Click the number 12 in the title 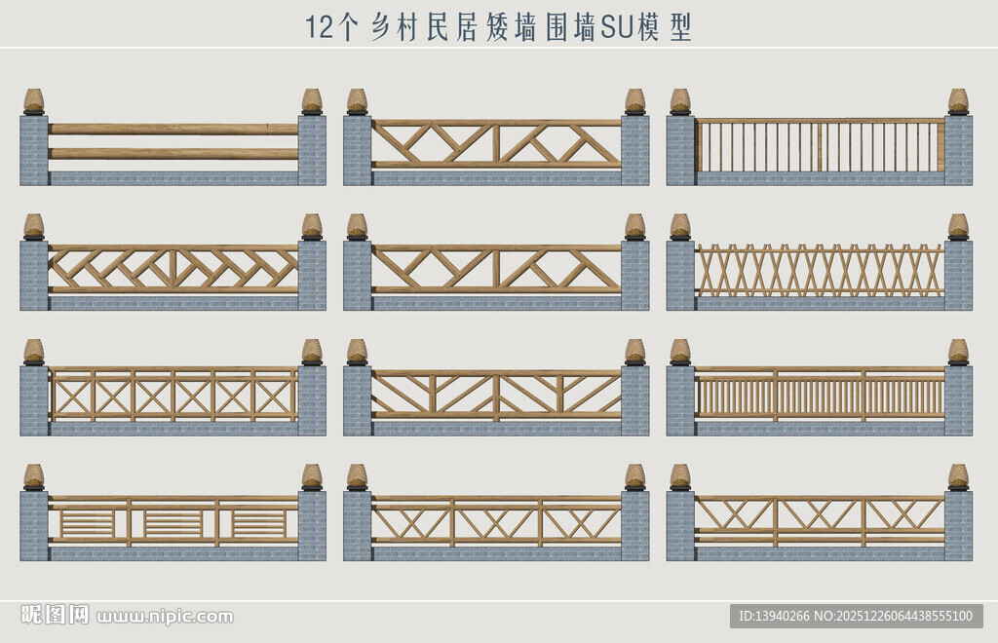click(x=320, y=27)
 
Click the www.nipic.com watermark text click(x=165, y=617)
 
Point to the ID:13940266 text click(x=774, y=616)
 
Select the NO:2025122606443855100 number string click(x=893, y=616)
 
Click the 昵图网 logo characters click(x=55, y=615)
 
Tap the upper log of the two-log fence click(x=173, y=130)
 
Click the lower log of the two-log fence click(x=173, y=154)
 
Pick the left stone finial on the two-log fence click(x=34, y=101)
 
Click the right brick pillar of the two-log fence click(x=312, y=150)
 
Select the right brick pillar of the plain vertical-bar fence click(x=958, y=150)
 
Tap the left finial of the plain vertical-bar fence click(x=680, y=101)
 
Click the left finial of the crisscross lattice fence click(x=680, y=227)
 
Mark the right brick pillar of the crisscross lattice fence click(x=958, y=276)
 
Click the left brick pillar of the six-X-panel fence click(x=34, y=400)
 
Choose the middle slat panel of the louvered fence click(x=173, y=523)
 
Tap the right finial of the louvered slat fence click(x=312, y=477)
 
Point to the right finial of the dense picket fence click(x=959, y=353)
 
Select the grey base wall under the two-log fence click(x=173, y=178)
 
